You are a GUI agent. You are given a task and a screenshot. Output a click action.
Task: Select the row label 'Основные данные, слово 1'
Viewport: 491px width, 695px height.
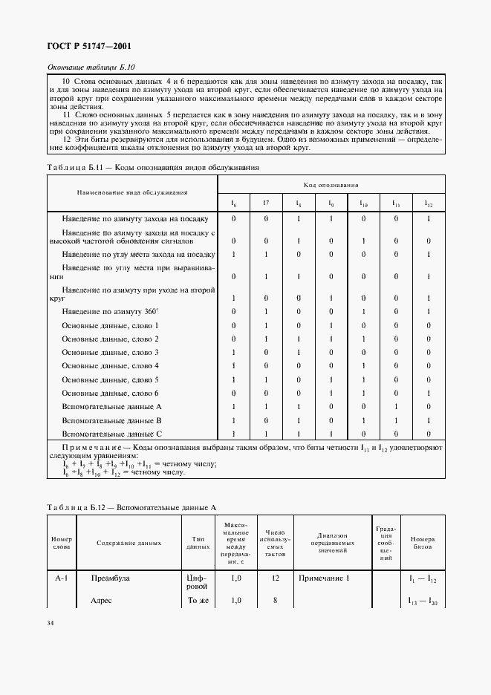tap(110, 325)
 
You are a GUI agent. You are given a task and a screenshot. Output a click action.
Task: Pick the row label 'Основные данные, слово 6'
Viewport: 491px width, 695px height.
tap(110, 392)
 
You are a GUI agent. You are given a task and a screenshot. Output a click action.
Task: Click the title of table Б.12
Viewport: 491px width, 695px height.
tap(131, 507)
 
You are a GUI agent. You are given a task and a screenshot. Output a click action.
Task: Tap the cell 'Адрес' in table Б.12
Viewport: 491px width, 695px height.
tap(101, 600)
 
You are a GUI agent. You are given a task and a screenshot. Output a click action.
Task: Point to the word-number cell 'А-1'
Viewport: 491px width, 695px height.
tap(62, 577)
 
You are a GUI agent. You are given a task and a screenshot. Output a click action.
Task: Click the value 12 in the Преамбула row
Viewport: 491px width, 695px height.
tap(275, 577)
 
